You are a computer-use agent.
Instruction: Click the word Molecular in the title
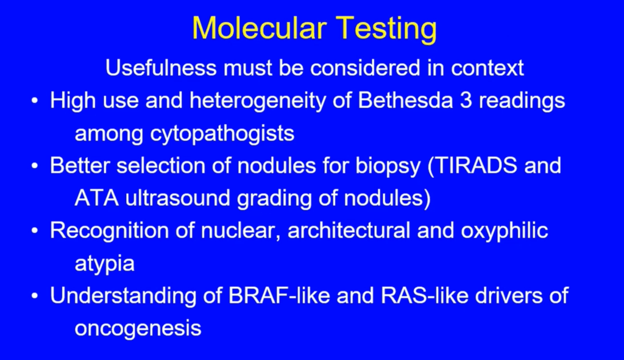pyautogui.click(x=259, y=28)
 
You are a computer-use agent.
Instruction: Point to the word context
pyautogui.click(x=487, y=68)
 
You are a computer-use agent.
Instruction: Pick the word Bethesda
pyautogui.click(x=405, y=101)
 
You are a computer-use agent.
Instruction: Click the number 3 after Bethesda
pyautogui.click(x=466, y=101)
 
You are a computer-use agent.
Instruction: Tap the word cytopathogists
pyautogui.click(x=222, y=134)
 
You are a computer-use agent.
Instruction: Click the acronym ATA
pyautogui.click(x=97, y=198)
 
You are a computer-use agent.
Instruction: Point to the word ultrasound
pyautogui.click(x=178, y=198)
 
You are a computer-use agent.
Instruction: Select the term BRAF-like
pyautogui.click(x=279, y=295)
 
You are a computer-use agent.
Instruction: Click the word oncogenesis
pyautogui.click(x=138, y=328)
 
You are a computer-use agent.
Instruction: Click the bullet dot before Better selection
pyautogui.click(x=35, y=166)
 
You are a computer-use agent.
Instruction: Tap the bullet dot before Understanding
pyautogui.click(x=35, y=296)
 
